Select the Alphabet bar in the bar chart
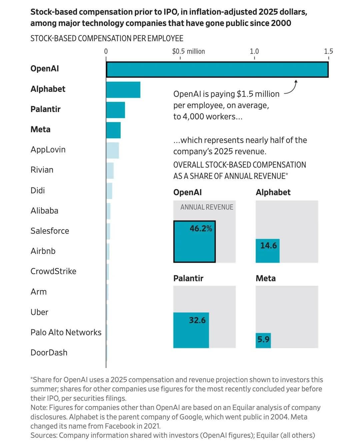coord(123,90)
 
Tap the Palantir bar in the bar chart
coord(115,110)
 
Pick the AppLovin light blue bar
coord(112,150)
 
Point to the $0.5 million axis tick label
coord(188,51)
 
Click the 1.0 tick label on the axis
coord(254,51)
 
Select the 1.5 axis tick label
coord(328,51)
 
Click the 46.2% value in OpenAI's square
coord(201,229)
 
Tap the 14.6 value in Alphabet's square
coord(268,246)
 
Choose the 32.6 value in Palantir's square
coord(197,320)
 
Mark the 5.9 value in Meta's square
coord(263,340)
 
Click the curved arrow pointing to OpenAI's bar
coord(291,88)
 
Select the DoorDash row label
coord(49,353)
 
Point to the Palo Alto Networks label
coord(66,332)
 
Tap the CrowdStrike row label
coord(53,271)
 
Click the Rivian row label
coord(42,170)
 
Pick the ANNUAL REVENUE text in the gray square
coord(207,207)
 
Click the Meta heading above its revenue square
coord(266,278)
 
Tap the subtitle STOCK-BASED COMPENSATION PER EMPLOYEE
coord(107,39)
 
